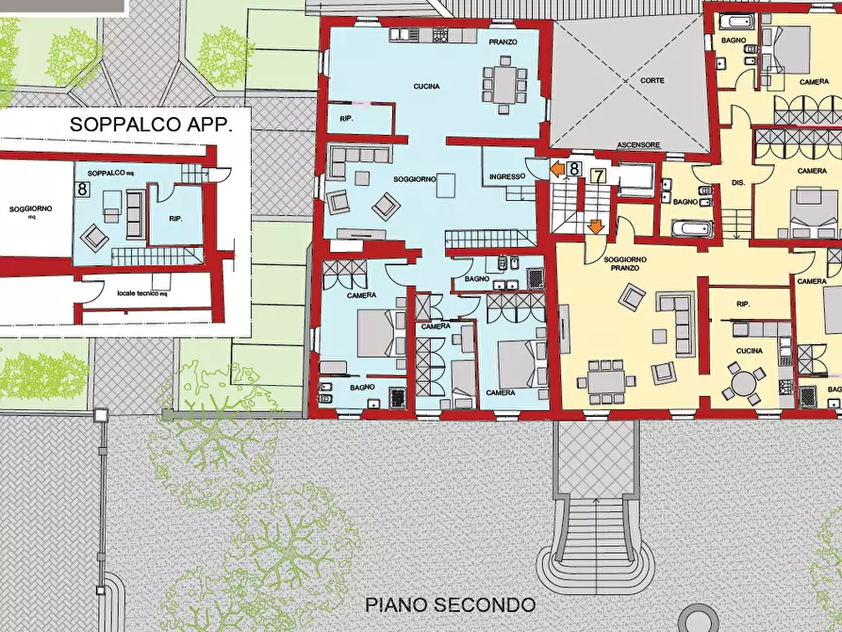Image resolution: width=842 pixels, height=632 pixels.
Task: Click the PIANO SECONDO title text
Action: [x=450, y=605]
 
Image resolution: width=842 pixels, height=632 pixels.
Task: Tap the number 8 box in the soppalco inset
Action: [x=83, y=190]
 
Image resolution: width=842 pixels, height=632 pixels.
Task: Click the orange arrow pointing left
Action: [x=557, y=170]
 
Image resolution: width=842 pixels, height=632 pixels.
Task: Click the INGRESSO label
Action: [x=507, y=176]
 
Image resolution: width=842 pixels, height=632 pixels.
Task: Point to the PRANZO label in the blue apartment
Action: [x=503, y=43]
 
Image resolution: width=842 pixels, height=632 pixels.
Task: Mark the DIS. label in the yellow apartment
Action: [x=738, y=182]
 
